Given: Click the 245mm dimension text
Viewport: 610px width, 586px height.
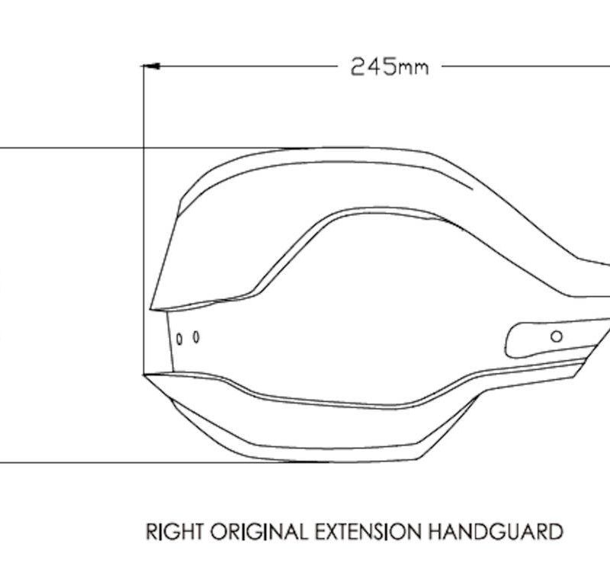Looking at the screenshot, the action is [x=390, y=67].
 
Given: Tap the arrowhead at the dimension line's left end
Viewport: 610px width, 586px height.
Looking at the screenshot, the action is [x=152, y=66].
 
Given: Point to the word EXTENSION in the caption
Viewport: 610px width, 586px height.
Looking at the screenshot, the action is [x=368, y=532].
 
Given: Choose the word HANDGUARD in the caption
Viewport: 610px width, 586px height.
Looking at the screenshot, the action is [x=496, y=532].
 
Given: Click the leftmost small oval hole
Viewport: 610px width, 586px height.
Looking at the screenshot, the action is [x=179, y=339].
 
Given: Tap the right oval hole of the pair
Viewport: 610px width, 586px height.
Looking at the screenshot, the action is [x=196, y=336].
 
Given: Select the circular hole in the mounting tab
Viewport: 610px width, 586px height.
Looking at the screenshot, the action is [x=557, y=336].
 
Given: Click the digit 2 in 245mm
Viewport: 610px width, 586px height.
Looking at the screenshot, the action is [x=358, y=67].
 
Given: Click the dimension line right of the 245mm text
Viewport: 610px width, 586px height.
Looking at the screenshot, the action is [x=526, y=66].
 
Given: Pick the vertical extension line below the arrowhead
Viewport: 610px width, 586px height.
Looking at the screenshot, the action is [x=144, y=220].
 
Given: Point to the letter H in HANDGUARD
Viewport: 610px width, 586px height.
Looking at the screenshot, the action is [x=435, y=532].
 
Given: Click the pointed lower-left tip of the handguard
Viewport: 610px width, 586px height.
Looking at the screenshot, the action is [x=144, y=375].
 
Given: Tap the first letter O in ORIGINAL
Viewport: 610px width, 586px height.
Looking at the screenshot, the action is [x=219, y=532].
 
